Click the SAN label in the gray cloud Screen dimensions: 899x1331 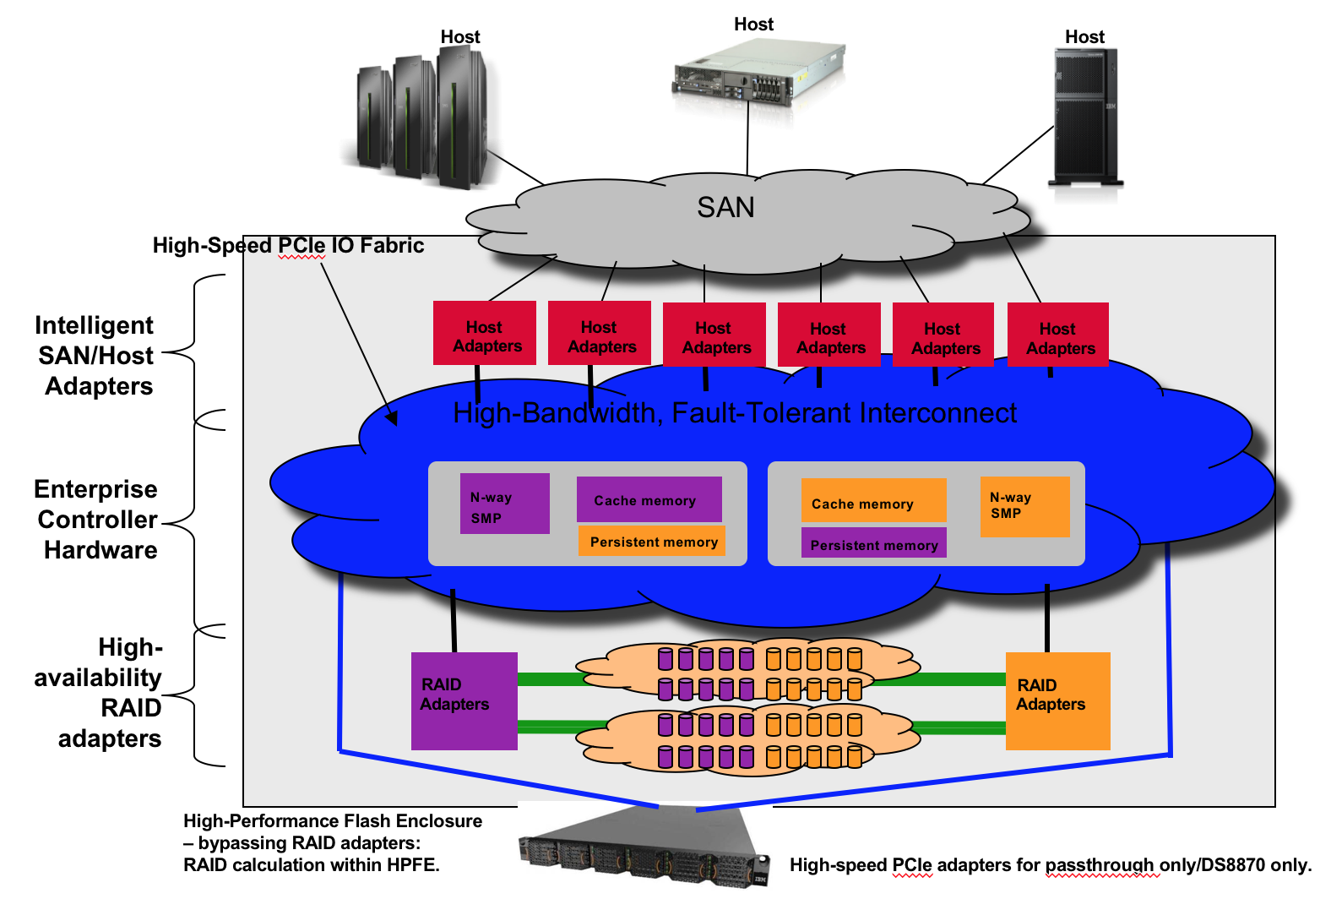[725, 208]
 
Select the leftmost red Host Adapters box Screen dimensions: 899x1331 [485, 334]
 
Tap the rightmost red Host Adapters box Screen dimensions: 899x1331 [1058, 335]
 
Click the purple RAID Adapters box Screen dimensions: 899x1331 [464, 700]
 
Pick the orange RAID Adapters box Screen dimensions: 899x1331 [1057, 700]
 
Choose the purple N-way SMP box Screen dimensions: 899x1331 [504, 504]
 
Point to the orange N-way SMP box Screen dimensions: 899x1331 [1024, 506]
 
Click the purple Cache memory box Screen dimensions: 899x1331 [649, 499]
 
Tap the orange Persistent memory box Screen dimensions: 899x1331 [652, 542]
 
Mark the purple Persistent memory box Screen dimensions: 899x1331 [873, 543]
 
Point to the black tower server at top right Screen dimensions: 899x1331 [1085, 117]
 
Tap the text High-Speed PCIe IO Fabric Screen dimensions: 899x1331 [288, 246]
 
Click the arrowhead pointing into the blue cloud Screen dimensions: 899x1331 [392, 417]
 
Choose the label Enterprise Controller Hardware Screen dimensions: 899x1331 [97, 520]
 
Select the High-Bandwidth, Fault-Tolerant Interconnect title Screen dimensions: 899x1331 [735, 413]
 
